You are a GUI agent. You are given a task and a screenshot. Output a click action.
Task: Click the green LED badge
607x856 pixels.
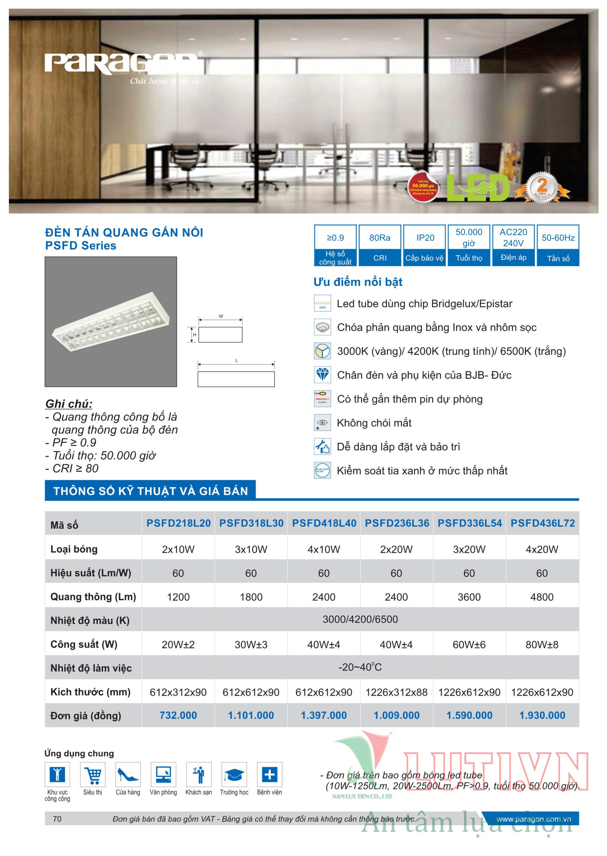point(479,188)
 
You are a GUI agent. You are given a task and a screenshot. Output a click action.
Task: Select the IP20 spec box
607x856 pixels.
point(425,245)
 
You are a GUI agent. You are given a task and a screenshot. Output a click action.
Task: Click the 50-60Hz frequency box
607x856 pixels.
point(558,245)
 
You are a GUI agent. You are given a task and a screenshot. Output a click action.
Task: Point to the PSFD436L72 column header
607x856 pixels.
point(543,523)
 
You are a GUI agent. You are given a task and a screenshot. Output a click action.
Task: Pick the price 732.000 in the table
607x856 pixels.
point(178,715)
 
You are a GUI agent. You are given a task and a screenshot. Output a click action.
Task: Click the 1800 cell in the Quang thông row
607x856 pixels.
point(251,597)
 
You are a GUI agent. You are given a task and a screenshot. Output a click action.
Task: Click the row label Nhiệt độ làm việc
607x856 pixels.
point(91,668)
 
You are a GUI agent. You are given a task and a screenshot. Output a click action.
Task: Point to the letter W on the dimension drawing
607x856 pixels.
point(221,316)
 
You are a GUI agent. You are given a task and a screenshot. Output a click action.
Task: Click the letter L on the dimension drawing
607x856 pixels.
point(236,360)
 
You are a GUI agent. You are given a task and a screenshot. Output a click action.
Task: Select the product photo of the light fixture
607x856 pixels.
point(111,321)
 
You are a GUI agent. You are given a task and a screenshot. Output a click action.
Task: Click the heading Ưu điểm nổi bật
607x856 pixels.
point(358,282)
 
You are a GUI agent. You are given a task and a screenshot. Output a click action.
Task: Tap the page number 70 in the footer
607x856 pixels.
point(57,819)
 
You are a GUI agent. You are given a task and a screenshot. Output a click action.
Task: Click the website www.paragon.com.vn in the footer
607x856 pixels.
point(533,819)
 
